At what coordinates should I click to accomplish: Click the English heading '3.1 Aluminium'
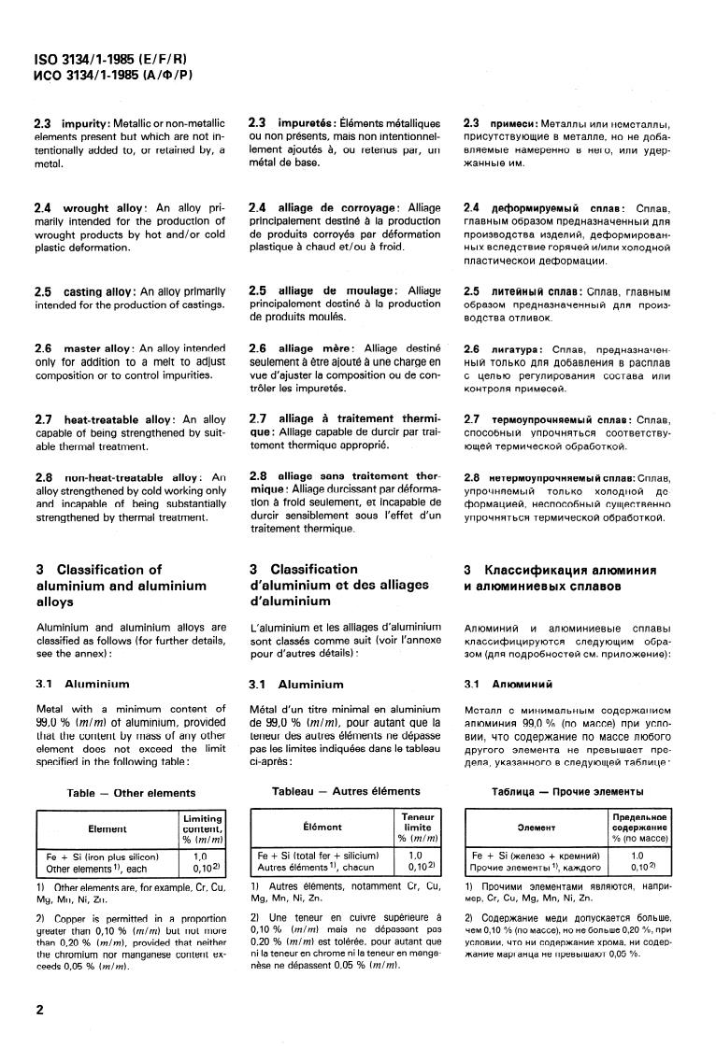[x=83, y=685]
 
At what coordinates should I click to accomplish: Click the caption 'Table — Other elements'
[x=131, y=793]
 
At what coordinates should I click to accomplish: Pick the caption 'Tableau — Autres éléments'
[x=346, y=791]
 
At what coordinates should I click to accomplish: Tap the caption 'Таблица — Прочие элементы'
[x=561, y=792]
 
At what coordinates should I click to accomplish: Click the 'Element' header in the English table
[x=107, y=828]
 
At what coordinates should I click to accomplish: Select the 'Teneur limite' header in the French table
[x=417, y=827]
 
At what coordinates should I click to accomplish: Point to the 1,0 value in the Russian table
[x=637, y=855]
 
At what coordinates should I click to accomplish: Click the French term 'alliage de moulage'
[x=336, y=290]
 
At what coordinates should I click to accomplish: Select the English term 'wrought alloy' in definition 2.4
[x=100, y=207]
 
